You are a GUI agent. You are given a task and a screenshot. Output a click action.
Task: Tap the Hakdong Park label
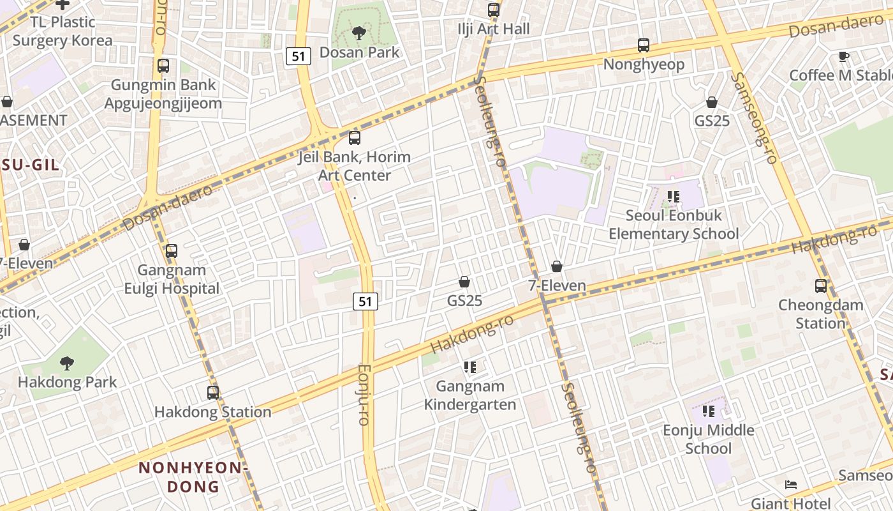point(67,382)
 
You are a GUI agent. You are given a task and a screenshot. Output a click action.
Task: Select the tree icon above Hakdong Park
point(66,363)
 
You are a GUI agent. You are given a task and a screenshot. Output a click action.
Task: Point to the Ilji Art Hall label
point(494,29)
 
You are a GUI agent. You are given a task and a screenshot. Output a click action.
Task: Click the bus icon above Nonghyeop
point(644,45)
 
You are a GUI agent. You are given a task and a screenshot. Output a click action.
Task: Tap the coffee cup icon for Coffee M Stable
point(844,56)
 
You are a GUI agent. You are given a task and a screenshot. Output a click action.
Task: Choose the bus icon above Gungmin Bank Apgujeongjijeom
point(163,65)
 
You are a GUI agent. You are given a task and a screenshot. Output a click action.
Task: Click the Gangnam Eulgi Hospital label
point(172,279)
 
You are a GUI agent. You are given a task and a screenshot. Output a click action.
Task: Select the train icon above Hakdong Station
point(213,392)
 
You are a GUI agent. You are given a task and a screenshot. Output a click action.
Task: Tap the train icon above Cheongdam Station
point(820,286)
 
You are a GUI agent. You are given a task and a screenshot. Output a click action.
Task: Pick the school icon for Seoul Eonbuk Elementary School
point(673,197)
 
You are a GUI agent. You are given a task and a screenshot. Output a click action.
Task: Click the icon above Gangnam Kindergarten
point(470,367)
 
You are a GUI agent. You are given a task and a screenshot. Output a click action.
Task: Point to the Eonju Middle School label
point(708,439)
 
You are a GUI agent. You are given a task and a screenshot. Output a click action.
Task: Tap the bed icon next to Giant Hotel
point(791,485)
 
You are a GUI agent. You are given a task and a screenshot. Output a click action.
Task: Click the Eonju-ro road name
point(364,395)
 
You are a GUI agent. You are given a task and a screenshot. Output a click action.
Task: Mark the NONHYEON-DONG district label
point(193,477)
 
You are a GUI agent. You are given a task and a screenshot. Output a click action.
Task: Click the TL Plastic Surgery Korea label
point(63,31)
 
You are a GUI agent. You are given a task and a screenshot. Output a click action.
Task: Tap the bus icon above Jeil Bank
point(355,137)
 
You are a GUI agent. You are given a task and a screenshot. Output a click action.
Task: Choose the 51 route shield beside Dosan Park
point(298,56)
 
